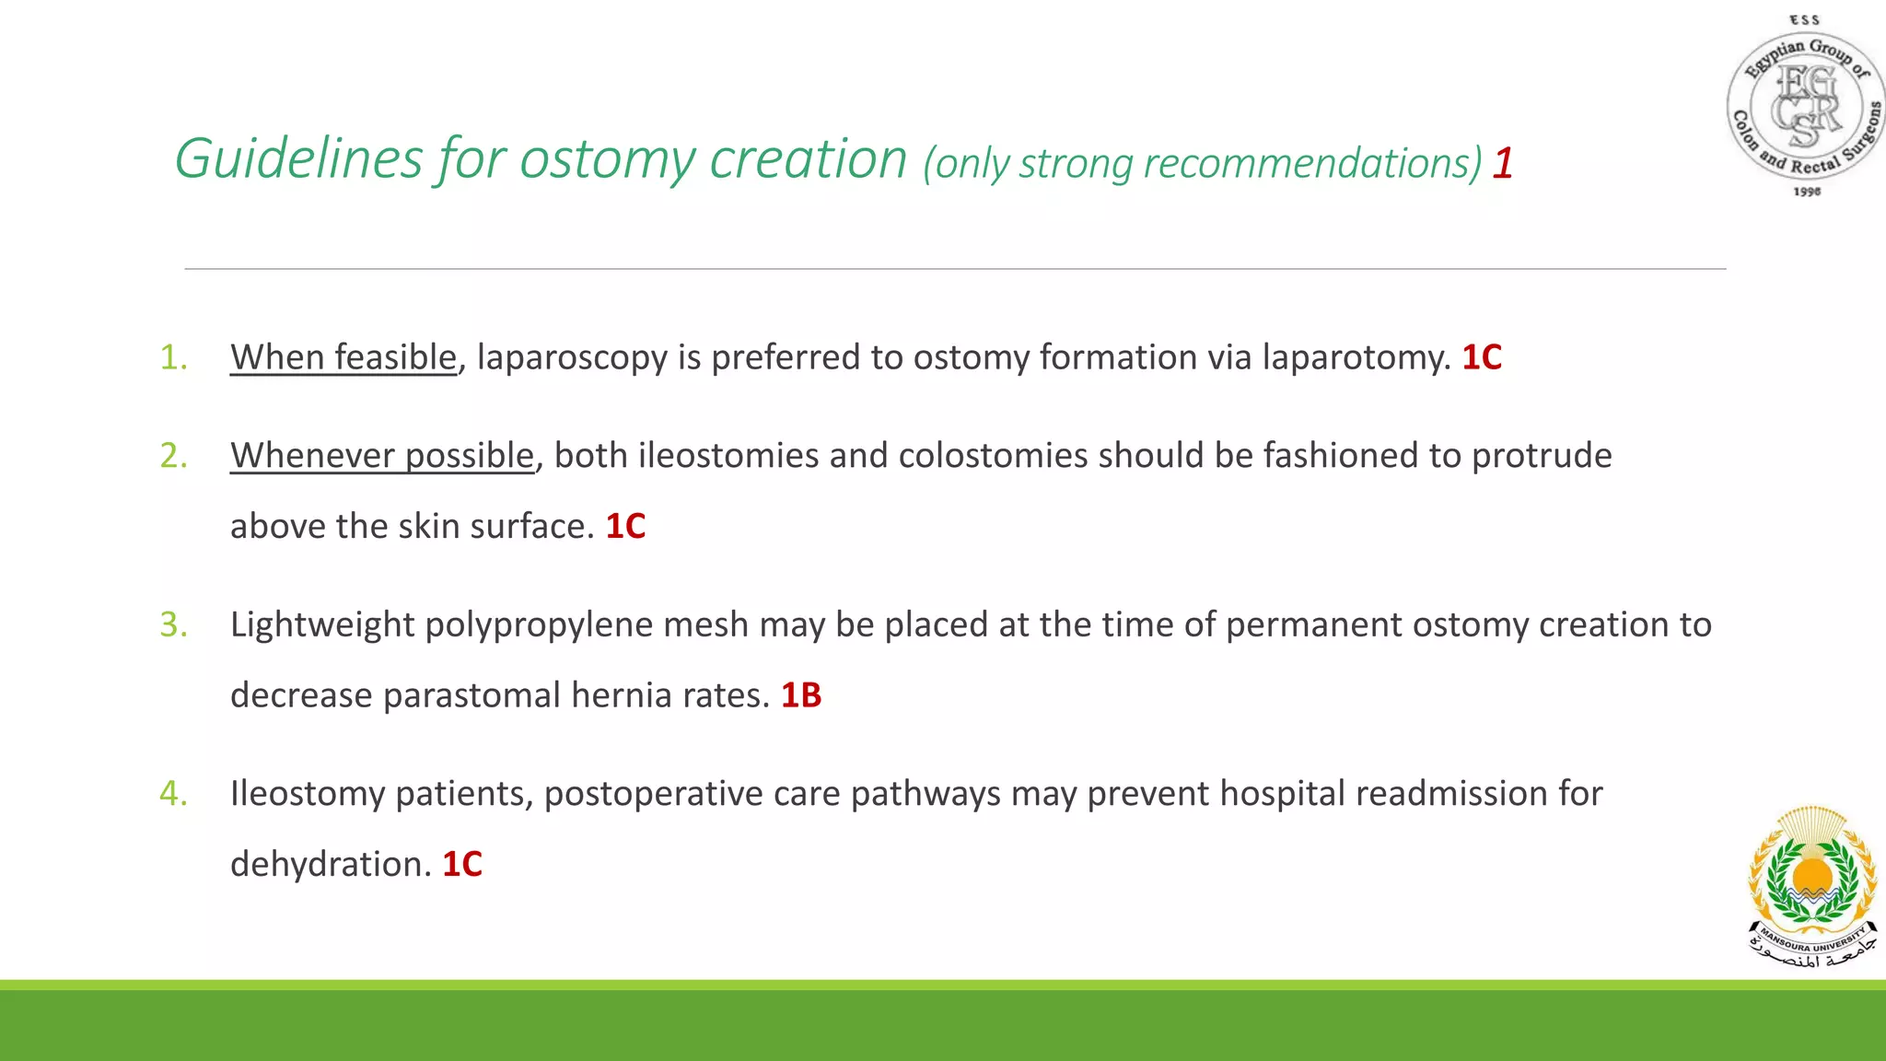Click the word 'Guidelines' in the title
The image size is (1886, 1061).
[298, 158]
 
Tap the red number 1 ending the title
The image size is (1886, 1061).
[1503, 163]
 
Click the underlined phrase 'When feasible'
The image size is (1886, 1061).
[343, 357]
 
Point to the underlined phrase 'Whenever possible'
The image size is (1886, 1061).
[382, 456]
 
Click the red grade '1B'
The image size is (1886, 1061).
[800, 695]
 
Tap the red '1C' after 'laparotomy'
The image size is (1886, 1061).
[1482, 357]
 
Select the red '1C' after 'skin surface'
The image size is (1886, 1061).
[625, 527]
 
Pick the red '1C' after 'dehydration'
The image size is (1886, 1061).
[462, 865]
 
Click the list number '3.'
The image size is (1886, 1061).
[173, 624]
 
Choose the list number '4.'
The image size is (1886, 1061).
[173, 793]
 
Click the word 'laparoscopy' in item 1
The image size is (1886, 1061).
[572, 357]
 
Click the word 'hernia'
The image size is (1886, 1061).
[622, 695]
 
